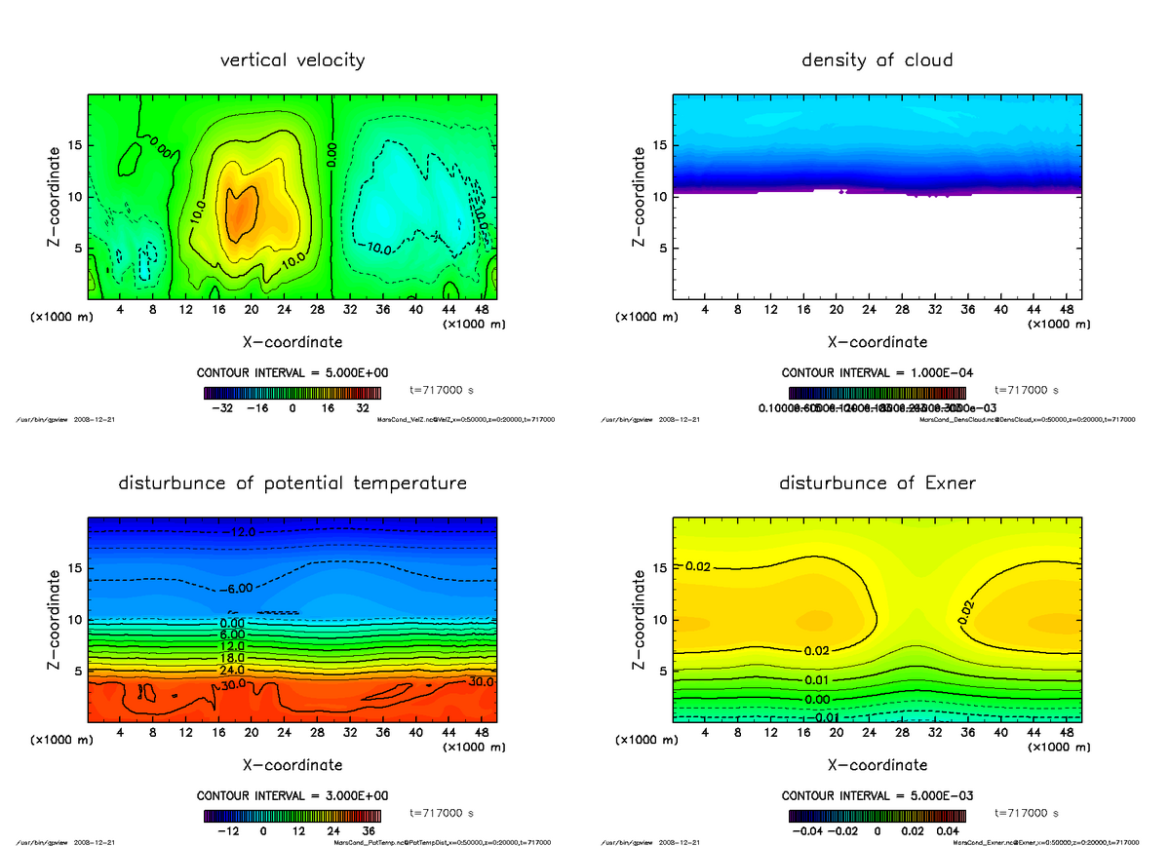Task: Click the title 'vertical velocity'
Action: (x=292, y=60)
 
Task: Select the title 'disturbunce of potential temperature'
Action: (x=292, y=483)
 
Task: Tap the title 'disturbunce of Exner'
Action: (x=877, y=483)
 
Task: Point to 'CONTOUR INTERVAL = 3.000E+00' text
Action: (x=292, y=795)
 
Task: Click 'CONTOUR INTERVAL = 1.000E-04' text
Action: (x=877, y=373)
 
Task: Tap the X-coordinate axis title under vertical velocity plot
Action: (x=292, y=342)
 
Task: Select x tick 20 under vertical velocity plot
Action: (x=252, y=310)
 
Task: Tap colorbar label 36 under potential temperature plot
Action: (x=370, y=831)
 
